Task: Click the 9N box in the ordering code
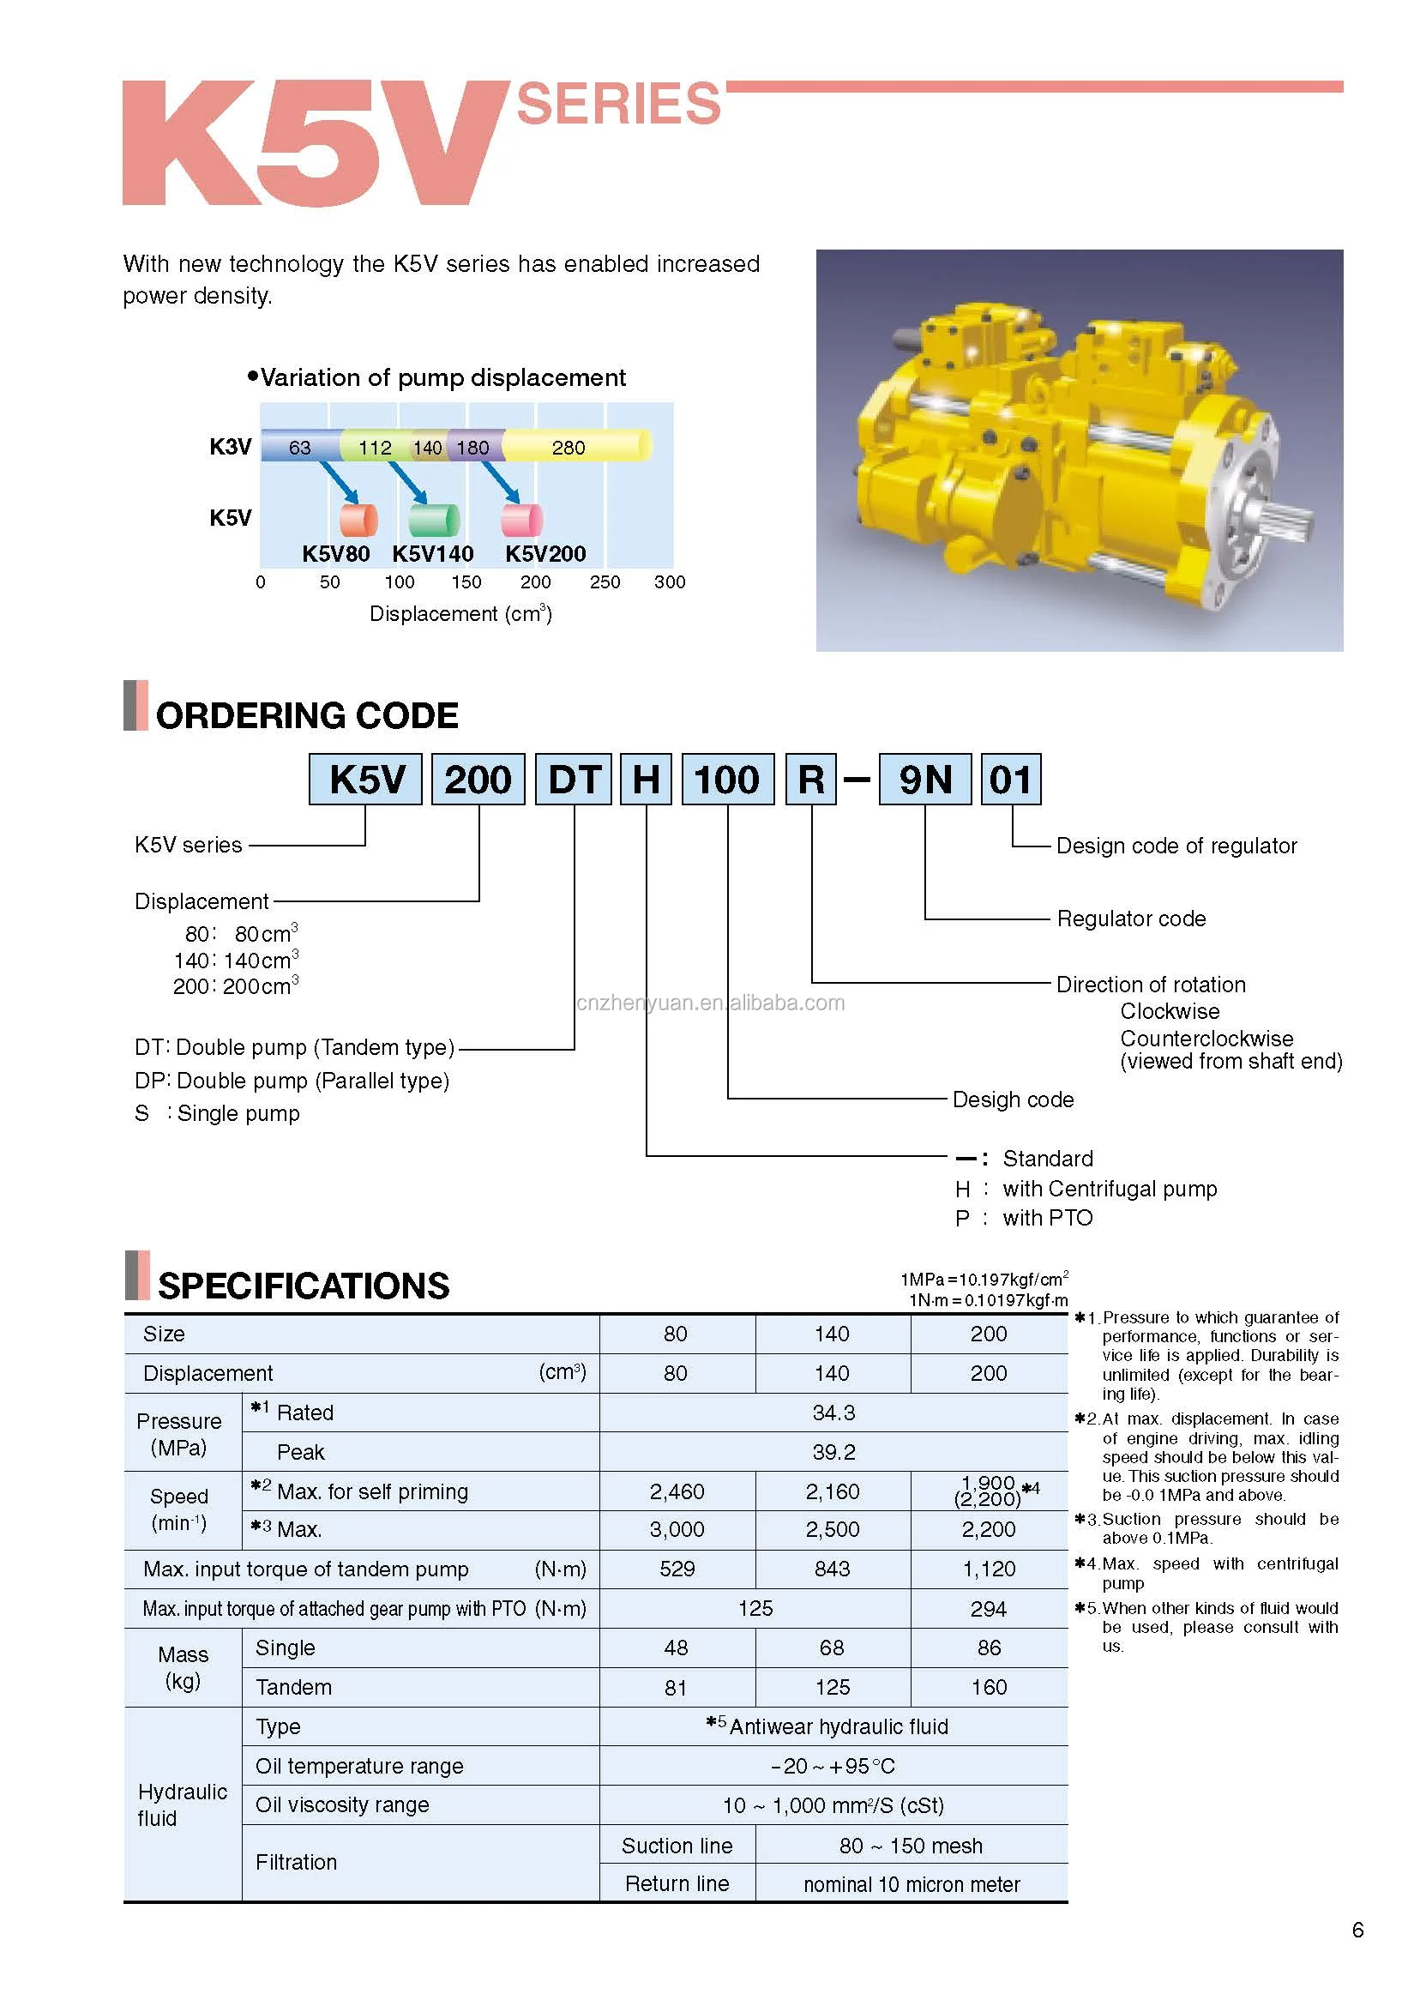pyautogui.click(x=924, y=778)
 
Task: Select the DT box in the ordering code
pyautogui.click(x=574, y=778)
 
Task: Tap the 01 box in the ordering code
pyautogui.click(x=1010, y=778)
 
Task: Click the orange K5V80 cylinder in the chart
pyautogui.click(x=358, y=520)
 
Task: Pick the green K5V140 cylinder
pyautogui.click(x=434, y=520)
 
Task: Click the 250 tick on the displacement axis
pyautogui.click(x=605, y=582)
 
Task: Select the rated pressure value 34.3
pyautogui.click(x=833, y=1413)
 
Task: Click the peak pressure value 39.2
pyautogui.click(x=833, y=1452)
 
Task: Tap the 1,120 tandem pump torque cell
pyautogui.click(x=989, y=1569)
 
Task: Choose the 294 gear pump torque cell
pyautogui.click(x=989, y=1608)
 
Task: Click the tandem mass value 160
pyautogui.click(x=989, y=1687)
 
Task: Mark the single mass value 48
pyautogui.click(x=676, y=1648)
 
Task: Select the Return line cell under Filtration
pyautogui.click(x=677, y=1883)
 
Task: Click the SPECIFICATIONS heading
pyautogui.click(x=304, y=1286)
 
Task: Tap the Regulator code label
pyautogui.click(x=1130, y=919)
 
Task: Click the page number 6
pyautogui.click(x=1357, y=1930)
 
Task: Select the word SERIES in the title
pyautogui.click(x=618, y=105)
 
